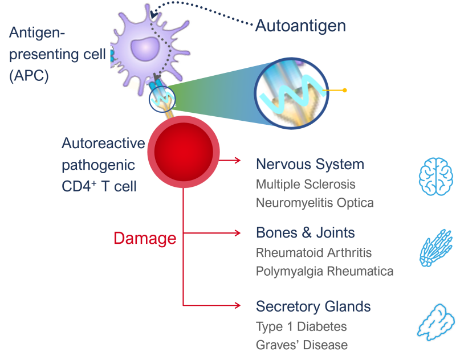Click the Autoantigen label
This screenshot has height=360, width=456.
pyautogui.click(x=300, y=26)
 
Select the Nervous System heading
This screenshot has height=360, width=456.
pyautogui.click(x=310, y=165)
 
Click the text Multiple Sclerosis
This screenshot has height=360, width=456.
pyautogui.click(x=306, y=184)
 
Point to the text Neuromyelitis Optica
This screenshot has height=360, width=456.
pyautogui.click(x=315, y=203)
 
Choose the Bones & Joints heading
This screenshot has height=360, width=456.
pyautogui.click(x=305, y=233)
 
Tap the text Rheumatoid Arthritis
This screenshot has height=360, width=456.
pyautogui.click(x=313, y=252)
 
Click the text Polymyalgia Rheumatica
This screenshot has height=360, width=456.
pyautogui.click(x=324, y=271)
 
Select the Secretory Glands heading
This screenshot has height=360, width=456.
pyautogui.click(x=313, y=306)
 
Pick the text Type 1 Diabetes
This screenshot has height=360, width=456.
pyautogui.click(x=301, y=326)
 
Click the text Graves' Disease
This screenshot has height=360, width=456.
pyautogui.click(x=302, y=345)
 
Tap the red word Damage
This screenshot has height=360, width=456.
pyautogui.click(x=145, y=238)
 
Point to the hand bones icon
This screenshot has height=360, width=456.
pyautogui.click(x=436, y=248)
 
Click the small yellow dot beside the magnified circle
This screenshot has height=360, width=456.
pyautogui.click(x=344, y=90)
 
